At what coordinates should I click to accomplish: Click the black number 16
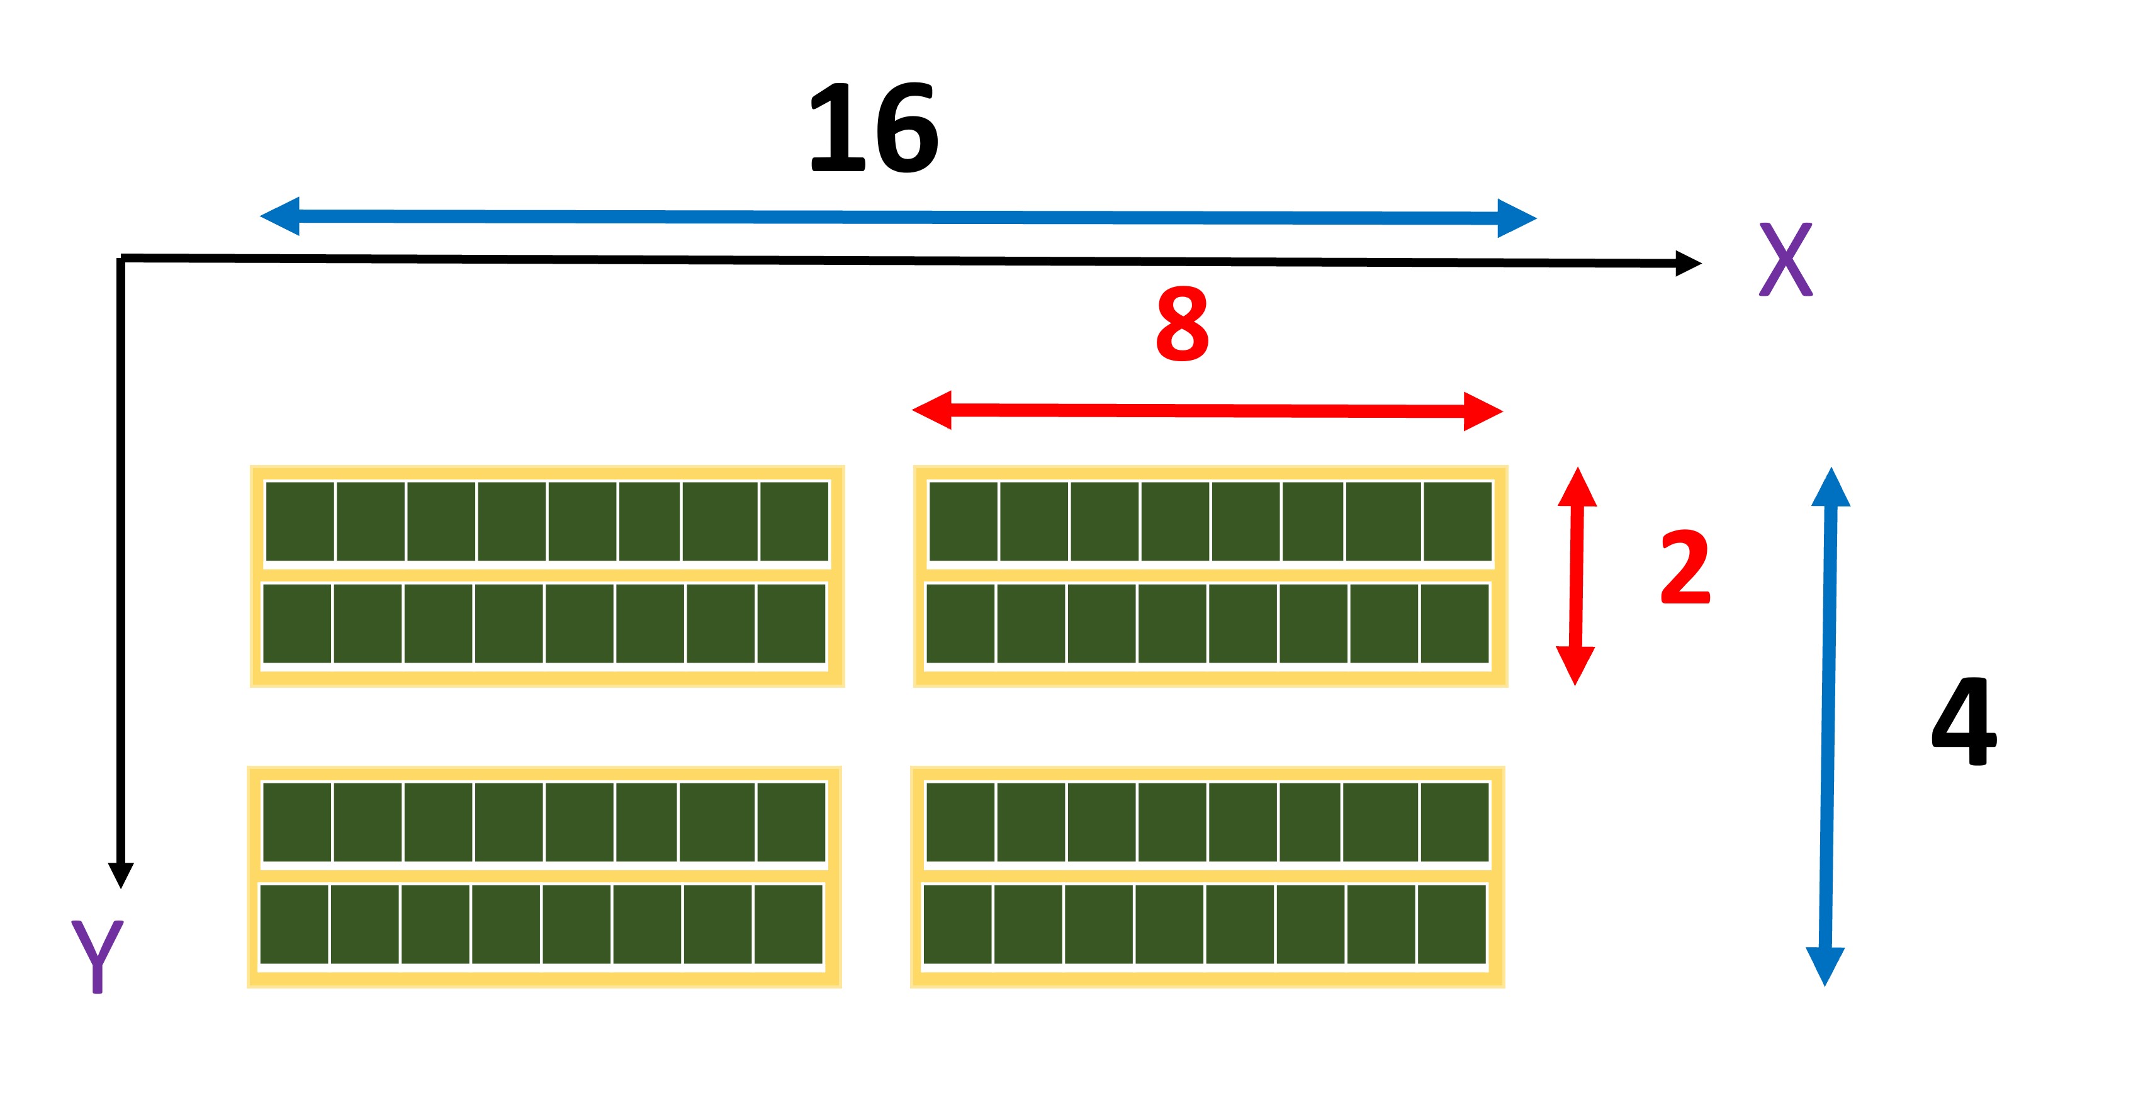[874, 128]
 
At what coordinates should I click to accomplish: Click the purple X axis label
[1786, 259]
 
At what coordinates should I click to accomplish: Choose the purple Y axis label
[98, 956]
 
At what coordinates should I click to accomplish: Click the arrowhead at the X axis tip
[1688, 263]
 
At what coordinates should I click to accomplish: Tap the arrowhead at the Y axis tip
[121, 876]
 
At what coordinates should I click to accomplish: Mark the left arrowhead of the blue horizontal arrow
[279, 216]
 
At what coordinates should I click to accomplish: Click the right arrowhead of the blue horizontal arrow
[1517, 219]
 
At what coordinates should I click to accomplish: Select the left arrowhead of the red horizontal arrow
[931, 410]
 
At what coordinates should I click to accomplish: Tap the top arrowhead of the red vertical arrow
[1577, 486]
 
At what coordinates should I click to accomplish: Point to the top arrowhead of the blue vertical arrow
[1831, 486]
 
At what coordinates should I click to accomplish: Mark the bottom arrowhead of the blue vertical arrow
[1825, 967]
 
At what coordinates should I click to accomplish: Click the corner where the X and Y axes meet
[121, 259]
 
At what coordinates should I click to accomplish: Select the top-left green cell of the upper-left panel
[300, 522]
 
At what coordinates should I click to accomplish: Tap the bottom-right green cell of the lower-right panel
[1452, 924]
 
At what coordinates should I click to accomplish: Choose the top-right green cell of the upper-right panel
[1458, 522]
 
